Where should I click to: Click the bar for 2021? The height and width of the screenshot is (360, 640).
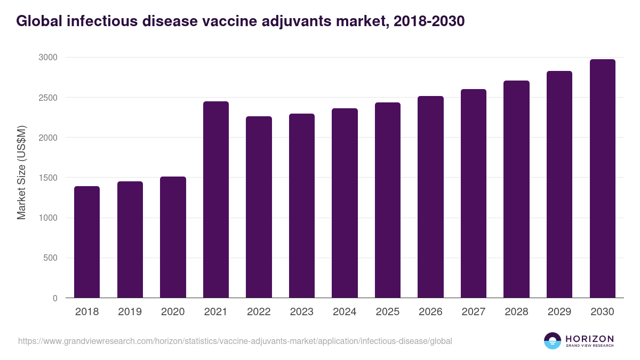click(215, 199)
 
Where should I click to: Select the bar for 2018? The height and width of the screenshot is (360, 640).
click(87, 242)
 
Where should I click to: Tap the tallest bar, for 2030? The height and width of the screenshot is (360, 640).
click(602, 179)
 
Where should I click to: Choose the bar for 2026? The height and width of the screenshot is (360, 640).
click(430, 197)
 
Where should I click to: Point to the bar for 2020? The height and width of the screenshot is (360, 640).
click(173, 237)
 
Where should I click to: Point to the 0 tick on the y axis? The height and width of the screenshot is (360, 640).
click(55, 298)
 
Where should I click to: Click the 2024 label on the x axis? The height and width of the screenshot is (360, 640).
click(345, 312)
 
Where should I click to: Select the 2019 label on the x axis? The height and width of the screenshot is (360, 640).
click(130, 312)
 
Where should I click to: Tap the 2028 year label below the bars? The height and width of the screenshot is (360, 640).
click(516, 312)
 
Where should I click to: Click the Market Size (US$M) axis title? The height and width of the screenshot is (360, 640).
click(21, 173)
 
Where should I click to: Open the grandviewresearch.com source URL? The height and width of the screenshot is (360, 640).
click(235, 341)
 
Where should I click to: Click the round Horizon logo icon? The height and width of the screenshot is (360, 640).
click(552, 341)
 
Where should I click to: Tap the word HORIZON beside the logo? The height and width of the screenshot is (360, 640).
click(589, 338)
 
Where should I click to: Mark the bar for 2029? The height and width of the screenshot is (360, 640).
click(559, 185)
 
